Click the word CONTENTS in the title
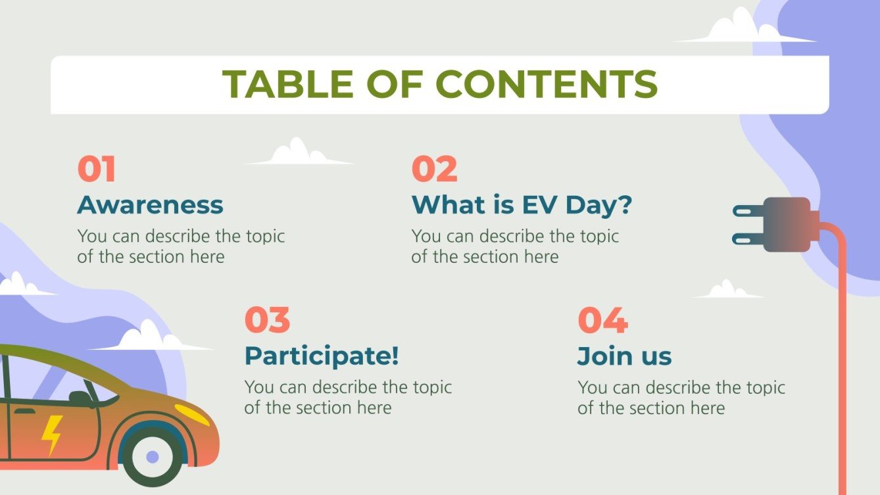546,84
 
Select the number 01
97,170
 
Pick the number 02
434,170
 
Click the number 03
267,320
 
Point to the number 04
602,320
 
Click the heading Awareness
150,205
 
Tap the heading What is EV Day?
522,205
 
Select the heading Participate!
322,356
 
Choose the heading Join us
624,356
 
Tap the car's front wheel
153,456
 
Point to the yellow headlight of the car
191,414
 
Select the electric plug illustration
776,224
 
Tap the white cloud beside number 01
299,153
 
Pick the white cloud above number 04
726,290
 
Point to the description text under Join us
681,397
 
